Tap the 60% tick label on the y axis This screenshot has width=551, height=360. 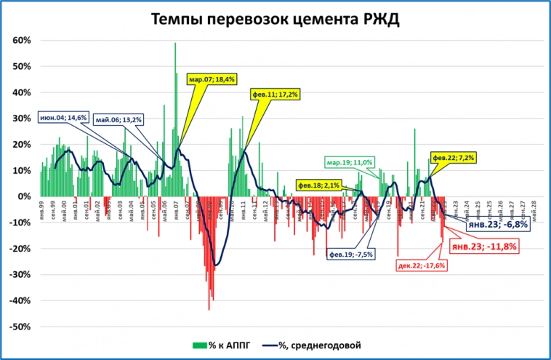pyautogui.click(x=20, y=41)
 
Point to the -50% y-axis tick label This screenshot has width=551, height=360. pyautogui.click(x=18, y=327)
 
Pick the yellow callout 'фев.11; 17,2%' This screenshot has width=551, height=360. pyautogui.click(x=275, y=95)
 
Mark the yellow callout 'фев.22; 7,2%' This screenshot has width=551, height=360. pyautogui.click(x=454, y=158)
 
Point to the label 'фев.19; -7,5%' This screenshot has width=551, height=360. pyautogui.click(x=351, y=255)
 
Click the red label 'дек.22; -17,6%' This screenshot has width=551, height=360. pyautogui.click(x=421, y=265)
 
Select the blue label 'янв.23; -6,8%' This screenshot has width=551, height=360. pyautogui.click(x=497, y=225)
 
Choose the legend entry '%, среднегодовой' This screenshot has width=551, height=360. pyautogui.click(x=313, y=344)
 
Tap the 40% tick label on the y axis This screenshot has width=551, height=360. pyautogui.click(x=20, y=92)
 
